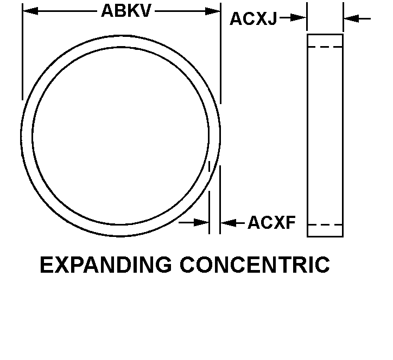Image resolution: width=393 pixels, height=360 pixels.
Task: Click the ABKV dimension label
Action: [x=126, y=11]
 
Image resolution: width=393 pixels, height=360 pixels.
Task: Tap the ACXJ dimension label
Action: [x=253, y=19]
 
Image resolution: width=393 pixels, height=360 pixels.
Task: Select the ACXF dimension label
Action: [x=272, y=222]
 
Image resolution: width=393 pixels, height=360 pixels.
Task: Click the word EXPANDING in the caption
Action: [x=106, y=265]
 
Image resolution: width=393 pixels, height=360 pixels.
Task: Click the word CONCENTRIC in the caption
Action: [x=255, y=265]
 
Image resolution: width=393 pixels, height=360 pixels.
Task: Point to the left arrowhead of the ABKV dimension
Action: [x=30, y=11]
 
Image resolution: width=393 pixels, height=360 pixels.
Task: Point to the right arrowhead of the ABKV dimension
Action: [x=213, y=11]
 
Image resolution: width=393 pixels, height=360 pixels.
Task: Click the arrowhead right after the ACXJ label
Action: [x=299, y=18]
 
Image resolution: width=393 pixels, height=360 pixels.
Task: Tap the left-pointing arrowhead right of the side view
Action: [x=351, y=18]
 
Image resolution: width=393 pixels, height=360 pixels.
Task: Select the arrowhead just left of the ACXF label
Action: [x=229, y=223]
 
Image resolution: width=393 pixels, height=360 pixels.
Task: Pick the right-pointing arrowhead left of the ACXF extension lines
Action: [x=201, y=222]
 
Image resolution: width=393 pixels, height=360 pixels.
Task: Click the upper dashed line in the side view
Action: [x=325, y=47]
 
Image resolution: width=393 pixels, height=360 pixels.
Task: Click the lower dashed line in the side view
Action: [x=325, y=225]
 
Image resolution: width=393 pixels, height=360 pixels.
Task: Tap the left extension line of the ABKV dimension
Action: [x=22, y=52]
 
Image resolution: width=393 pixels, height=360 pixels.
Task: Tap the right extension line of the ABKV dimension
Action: [x=220, y=53]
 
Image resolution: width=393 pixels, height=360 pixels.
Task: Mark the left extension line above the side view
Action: [x=307, y=16]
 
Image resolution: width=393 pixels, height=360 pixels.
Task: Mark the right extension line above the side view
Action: [x=344, y=17]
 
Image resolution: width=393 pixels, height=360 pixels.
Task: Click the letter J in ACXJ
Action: [x=271, y=19]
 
